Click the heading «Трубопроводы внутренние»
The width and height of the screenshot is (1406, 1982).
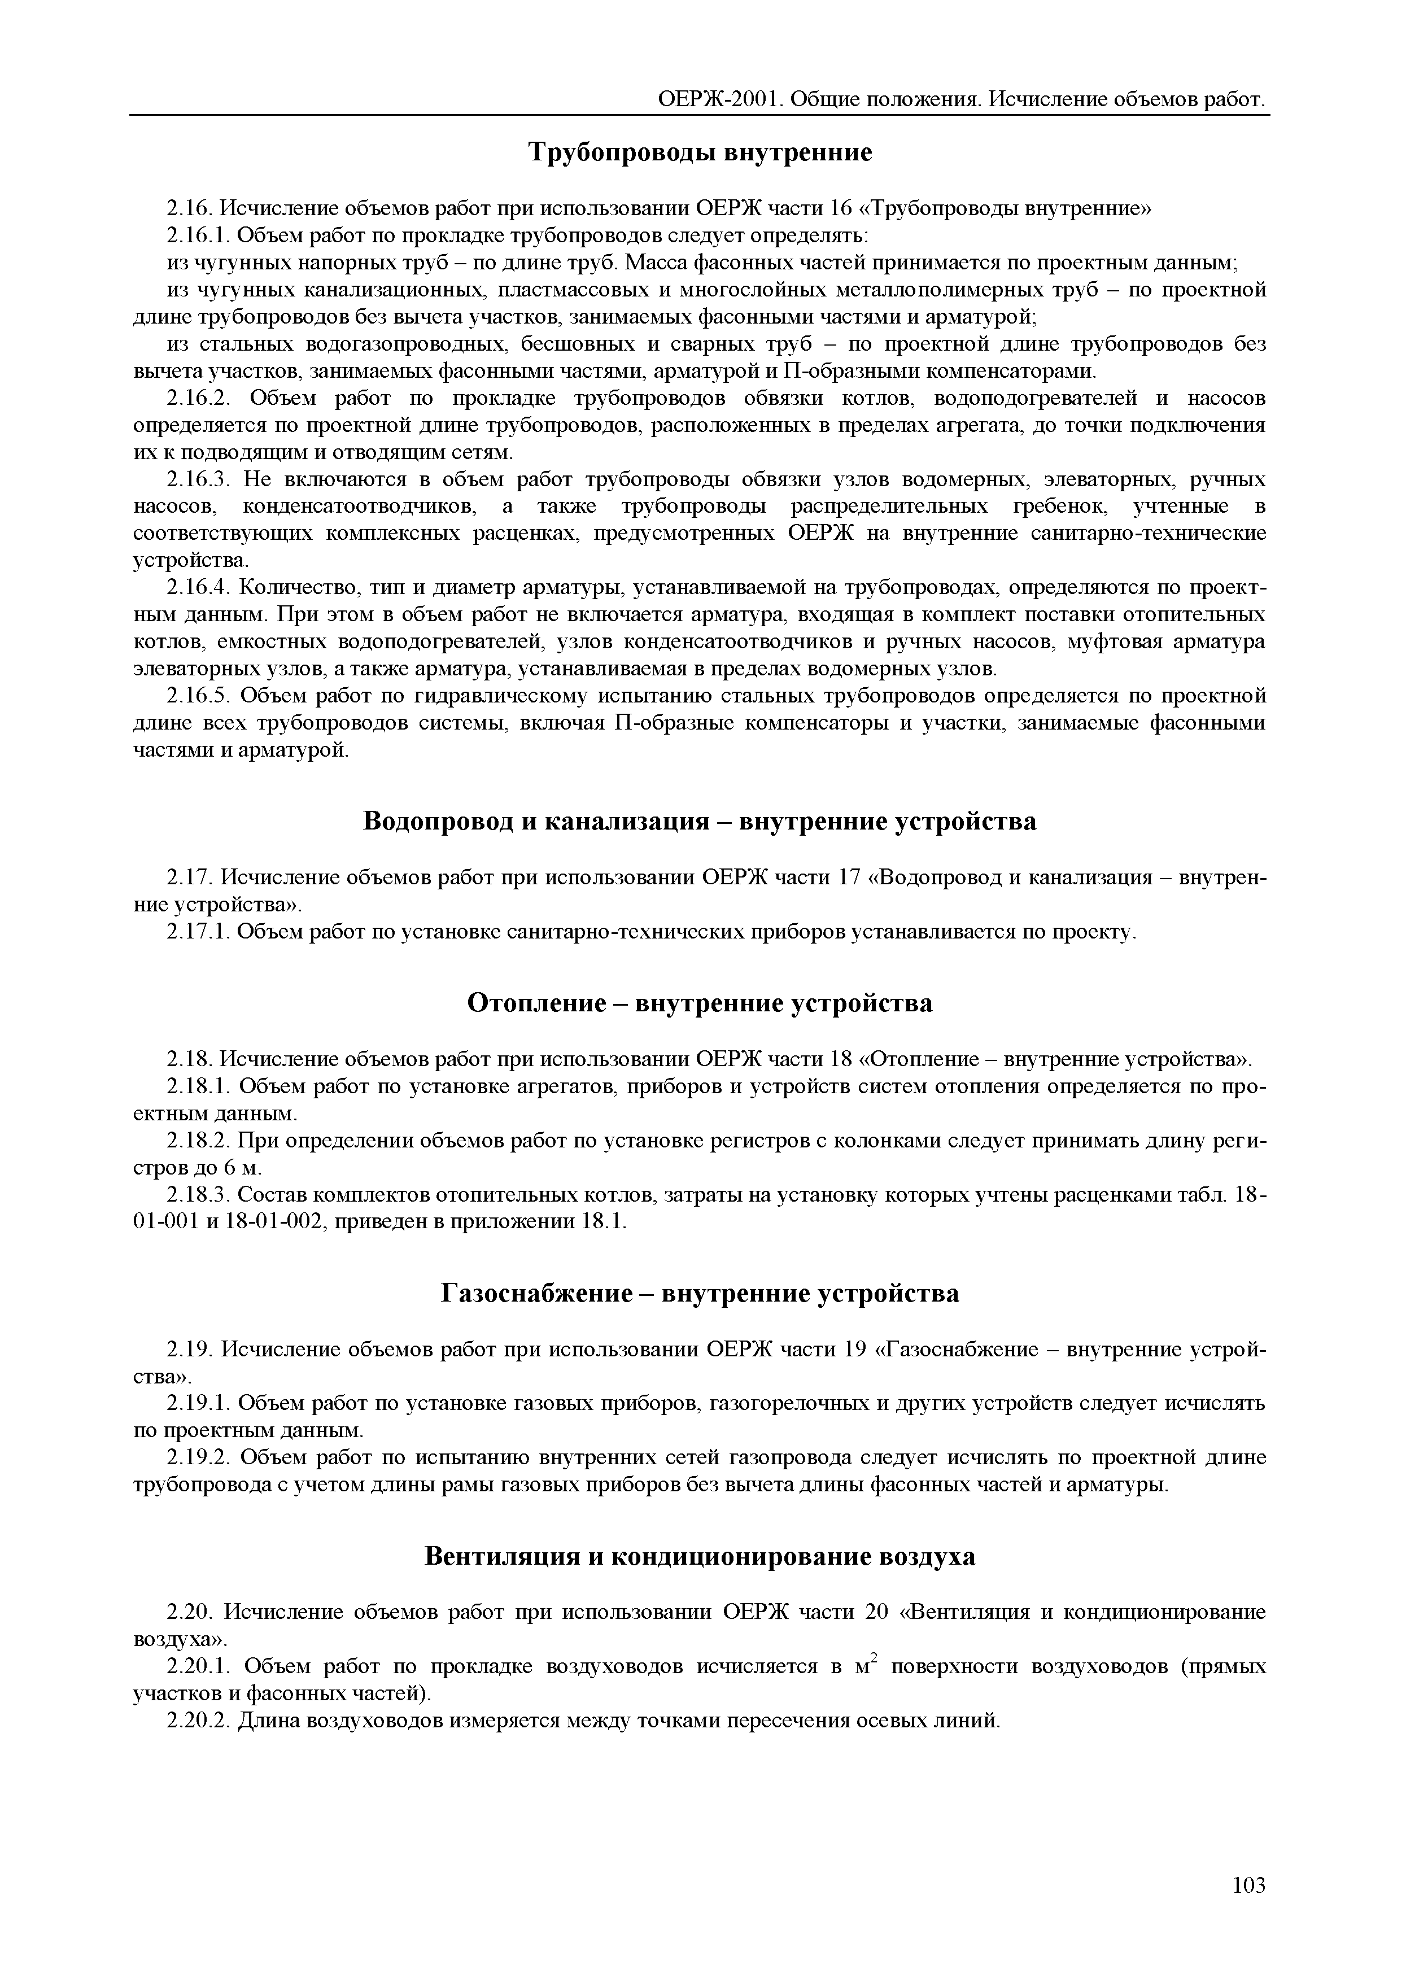[700, 153]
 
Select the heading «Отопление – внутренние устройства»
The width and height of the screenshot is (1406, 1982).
[700, 1003]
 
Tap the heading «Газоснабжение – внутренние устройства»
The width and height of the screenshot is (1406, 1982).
[700, 1294]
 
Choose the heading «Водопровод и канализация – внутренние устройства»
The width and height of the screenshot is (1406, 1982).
[700, 821]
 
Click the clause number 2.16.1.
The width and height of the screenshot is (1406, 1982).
[198, 235]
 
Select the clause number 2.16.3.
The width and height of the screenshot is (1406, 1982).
[198, 480]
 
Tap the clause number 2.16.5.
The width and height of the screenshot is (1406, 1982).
[198, 696]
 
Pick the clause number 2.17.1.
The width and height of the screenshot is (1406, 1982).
[198, 932]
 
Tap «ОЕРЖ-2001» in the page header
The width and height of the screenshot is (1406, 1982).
[721, 99]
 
